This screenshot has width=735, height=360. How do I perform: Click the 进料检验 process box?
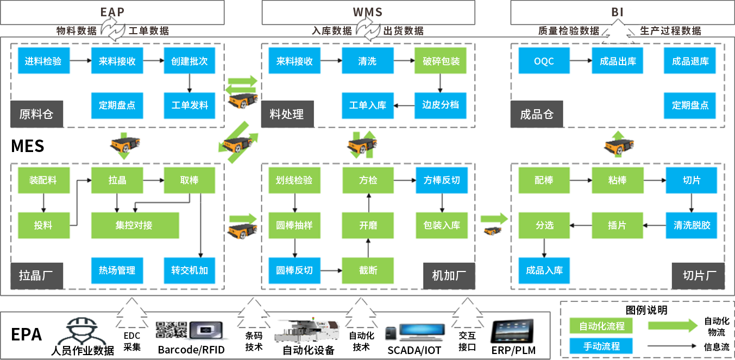pos(43,61)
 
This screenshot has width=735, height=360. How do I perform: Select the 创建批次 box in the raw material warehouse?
pos(189,61)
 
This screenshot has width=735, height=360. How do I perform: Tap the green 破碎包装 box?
pos(441,61)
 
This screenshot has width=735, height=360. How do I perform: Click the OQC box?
pos(544,61)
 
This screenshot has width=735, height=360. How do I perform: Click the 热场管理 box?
pos(117,270)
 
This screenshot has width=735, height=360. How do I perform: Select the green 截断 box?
pos(368,270)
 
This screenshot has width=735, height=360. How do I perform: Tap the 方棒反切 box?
pos(441,180)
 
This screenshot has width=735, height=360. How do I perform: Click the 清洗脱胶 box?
pos(691,225)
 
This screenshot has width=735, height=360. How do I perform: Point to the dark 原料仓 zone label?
pos(36,114)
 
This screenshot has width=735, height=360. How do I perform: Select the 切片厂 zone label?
pos(698,275)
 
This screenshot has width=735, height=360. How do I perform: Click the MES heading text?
pos(27,146)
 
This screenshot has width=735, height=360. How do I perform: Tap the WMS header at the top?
pos(367,12)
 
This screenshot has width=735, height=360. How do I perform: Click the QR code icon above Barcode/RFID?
pos(171,330)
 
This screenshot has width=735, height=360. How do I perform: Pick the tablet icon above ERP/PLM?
pos(512,331)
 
